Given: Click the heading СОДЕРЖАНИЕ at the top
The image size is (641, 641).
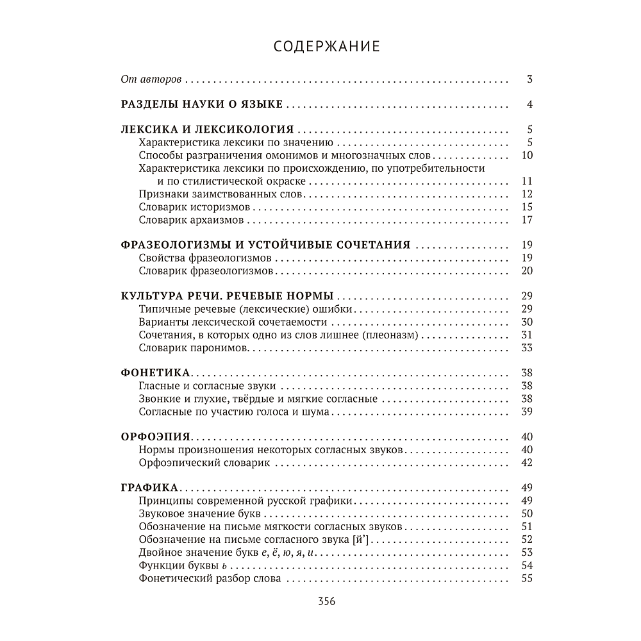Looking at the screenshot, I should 327,47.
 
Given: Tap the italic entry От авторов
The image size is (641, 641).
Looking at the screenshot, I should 151,80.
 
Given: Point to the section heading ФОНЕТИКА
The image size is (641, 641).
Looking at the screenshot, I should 155,372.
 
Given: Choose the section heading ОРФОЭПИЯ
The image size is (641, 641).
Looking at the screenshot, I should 156,437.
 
